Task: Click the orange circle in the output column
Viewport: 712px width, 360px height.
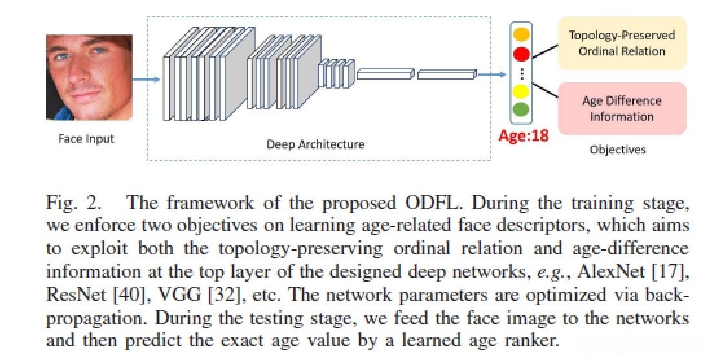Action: (x=522, y=34)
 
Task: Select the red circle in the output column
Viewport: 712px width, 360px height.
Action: (x=522, y=54)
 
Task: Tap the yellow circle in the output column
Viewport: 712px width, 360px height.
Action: (x=522, y=91)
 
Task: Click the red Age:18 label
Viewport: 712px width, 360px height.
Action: (x=523, y=137)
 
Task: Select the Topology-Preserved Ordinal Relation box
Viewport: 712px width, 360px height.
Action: (x=621, y=43)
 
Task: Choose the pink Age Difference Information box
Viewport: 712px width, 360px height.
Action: (x=621, y=108)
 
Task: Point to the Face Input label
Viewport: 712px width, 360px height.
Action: (x=85, y=138)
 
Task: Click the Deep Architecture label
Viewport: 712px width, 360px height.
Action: (x=315, y=144)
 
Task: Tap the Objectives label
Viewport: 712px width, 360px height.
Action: (x=617, y=150)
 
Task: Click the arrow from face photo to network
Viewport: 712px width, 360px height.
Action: (x=146, y=80)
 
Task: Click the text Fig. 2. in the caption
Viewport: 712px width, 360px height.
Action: (x=72, y=203)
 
